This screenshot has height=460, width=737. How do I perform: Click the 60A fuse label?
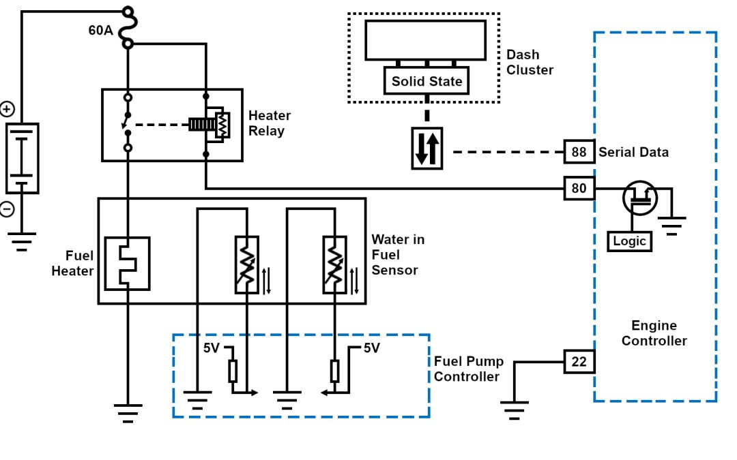[x=100, y=31]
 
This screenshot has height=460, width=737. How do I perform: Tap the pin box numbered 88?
[x=579, y=152]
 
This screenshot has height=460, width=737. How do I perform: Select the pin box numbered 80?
[x=579, y=188]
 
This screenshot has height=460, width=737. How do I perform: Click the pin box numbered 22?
[x=579, y=362]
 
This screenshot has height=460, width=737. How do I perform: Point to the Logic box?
[x=629, y=241]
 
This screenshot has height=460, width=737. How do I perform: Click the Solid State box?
[x=427, y=81]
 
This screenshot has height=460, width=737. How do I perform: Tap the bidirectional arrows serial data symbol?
[x=427, y=149]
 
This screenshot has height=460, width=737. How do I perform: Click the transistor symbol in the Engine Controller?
[x=639, y=198]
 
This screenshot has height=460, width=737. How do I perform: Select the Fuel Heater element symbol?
[x=127, y=264]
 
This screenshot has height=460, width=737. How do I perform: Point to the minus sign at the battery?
[x=7, y=209]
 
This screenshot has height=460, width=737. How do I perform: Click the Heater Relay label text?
[x=269, y=123]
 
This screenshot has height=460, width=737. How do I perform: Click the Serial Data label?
[x=633, y=152]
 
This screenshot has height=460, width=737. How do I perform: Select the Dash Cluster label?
[x=530, y=62]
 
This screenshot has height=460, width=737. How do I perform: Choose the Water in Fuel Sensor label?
[x=397, y=255]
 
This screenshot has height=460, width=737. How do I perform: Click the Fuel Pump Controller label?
[x=468, y=369]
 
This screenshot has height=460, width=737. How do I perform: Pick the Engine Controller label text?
[x=654, y=333]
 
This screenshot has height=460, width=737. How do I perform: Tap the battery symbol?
[x=22, y=158]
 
